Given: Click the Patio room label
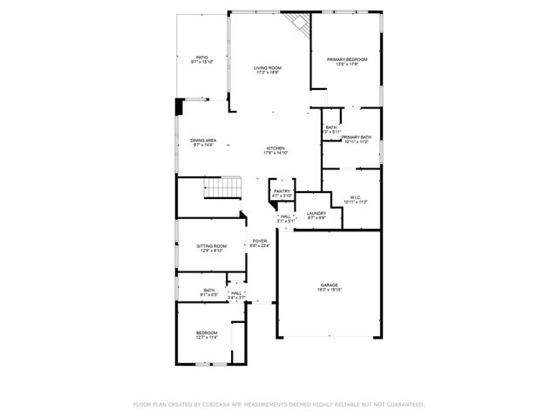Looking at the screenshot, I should (x=202, y=57).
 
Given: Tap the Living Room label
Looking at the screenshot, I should (x=267, y=67).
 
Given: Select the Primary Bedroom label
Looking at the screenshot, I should (x=347, y=59).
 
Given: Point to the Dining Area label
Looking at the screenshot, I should (x=203, y=141).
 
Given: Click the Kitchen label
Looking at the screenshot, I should (x=276, y=148).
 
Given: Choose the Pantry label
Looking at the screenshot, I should (x=281, y=191).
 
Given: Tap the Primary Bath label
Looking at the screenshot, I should (x=357, y=137).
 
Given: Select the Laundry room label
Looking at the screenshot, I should (x=316, y=213).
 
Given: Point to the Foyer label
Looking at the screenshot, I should (x=260, y=241).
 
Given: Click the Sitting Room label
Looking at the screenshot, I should (x=212, y=245).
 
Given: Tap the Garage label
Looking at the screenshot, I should (x=329, y=285).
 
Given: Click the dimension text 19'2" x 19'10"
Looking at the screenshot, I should (x=329, y=290).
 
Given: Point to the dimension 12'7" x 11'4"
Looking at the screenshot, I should (x=207, y=338).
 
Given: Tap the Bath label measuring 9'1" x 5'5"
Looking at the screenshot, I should (x=209, y=290).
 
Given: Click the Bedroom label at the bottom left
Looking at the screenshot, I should (x=207, y=333).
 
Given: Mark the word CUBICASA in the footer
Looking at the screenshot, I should (x=225, y=404).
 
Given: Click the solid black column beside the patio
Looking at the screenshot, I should (x=180, y=106).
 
